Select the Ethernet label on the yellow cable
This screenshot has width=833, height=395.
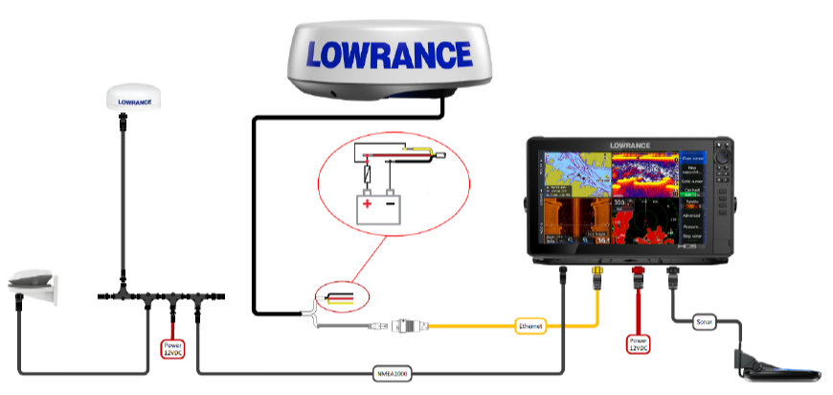529,327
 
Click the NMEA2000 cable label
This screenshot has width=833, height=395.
394,373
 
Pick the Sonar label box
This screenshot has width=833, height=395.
704,322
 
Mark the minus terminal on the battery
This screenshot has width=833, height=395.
392,203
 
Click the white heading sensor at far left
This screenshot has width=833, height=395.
34,285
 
